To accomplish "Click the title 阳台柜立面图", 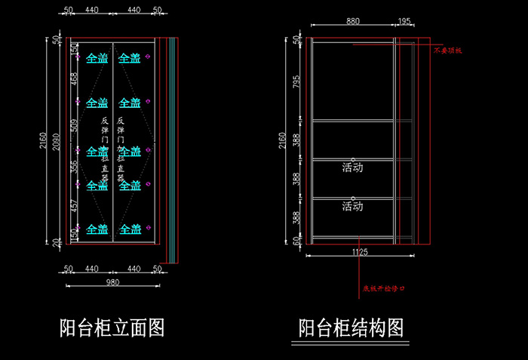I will pos(112,328).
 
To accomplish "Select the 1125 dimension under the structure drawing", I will pos(359,253).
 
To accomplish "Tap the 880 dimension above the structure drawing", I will pos(352,22).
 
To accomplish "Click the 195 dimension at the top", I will pos(404,22).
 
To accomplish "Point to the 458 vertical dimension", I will pos(74,79).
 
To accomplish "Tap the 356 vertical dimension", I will pos(74,167).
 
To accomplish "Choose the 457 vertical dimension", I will pos(74,206).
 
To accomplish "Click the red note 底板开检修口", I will pos(384,288).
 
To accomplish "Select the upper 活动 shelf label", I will pos(352,168).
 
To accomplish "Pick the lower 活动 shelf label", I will pos(352,206).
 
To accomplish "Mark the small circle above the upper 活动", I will pos(352,159).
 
